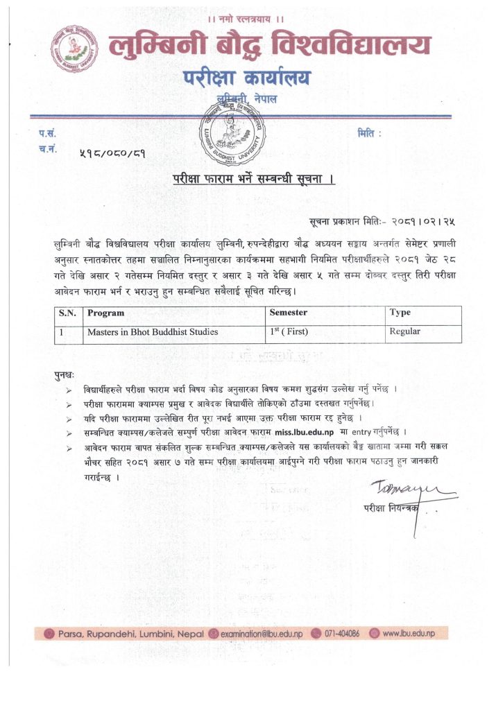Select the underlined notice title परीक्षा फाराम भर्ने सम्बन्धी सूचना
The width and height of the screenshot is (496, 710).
tap(254, 180)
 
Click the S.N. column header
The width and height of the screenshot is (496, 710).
tap(67, 313)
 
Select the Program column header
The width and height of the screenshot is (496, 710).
tap(106, 313)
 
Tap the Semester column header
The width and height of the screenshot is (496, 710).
tap(292, 313)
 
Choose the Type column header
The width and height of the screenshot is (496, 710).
tap(400, 313)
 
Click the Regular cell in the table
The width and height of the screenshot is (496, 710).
tap(405, 332)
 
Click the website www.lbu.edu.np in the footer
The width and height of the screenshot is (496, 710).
tap(408, 633)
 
